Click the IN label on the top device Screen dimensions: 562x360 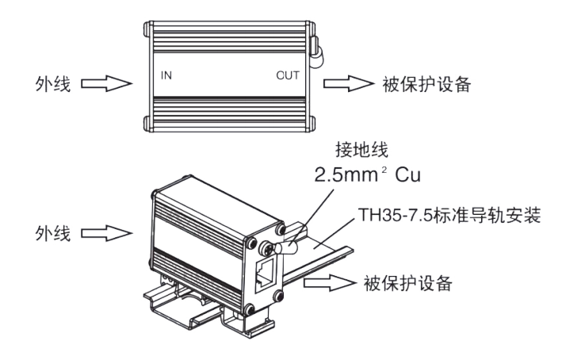click(x=166, y=75)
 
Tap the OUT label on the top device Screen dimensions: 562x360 click(x=288, y=75)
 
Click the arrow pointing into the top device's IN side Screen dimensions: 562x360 click(x=106, y=83)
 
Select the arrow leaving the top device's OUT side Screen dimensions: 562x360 click(x=349, y=83)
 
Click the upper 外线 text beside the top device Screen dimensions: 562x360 click(x=53, y=84)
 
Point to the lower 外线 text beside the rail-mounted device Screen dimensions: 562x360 click(x=53, y=233)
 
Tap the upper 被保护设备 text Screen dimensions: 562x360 click(x=426, y=85)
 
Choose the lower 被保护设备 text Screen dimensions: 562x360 click(x=408, y=283)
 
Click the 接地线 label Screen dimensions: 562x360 click(x=361, y=150)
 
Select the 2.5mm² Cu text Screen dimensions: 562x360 click(x=367, y=175)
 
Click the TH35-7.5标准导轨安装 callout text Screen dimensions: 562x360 click(x=449, y=216)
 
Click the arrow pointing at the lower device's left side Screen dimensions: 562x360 click(x=106, y=233)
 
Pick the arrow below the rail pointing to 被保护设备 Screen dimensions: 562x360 click(x=330, y=283)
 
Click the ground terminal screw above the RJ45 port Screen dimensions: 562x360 click(x=266, y=247)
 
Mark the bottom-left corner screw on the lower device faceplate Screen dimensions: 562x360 click(x=250, y=309)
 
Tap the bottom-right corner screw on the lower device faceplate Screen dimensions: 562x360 click(x=278, y=297)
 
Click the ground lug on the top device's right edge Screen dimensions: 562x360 click(x=316, y=52)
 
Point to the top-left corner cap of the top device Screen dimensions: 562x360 click(x=148, y=29)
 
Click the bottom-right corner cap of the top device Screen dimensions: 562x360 click(x=311, y=124)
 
